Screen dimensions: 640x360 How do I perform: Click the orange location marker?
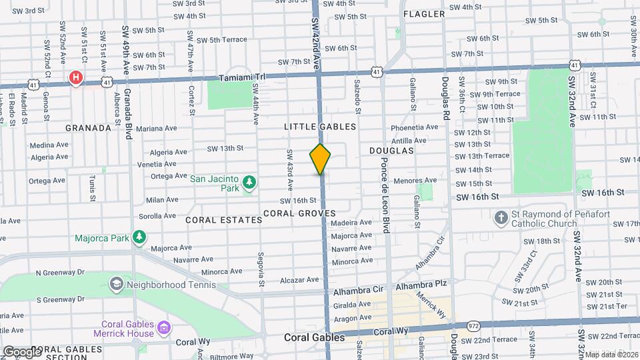click(x=320, y=159)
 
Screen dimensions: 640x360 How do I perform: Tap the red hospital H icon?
click(x=77, y=78)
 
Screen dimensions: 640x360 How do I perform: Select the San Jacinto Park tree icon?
click(x=249, y=182)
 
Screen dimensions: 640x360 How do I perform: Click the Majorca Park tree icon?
click(x=139, y=237)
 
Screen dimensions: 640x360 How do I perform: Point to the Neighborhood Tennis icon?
click(x=116, y=285)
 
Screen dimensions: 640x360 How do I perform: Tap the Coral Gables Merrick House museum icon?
click(x=164, y=329)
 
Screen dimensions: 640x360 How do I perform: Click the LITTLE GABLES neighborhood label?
click(x=320, y=127)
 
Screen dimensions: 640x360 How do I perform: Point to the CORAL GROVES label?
click(x=299, y=213)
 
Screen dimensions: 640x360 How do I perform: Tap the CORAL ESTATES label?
click(x=223, y=219)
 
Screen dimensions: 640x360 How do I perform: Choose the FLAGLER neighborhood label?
click(x=423, y=13)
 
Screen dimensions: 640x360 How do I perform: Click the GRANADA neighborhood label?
click(x=87, y=127)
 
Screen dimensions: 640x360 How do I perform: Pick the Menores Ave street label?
click(x=415, y=180)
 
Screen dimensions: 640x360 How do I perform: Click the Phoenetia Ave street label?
click(x=414, y=127)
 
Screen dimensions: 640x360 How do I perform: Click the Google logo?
click(x=21, y=351)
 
